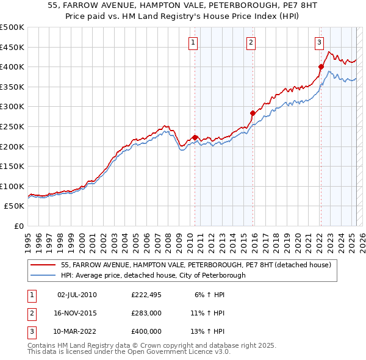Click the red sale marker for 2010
click(x=195, y=137)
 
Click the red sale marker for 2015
click(x=253, y=113)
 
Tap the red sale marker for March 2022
click(x=321, y=67)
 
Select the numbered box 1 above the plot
click(x=193, y=42)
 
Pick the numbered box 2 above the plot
click(x=251, y=42)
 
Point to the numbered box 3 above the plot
click(x=319, y=42)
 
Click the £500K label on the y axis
click(x=12, y=27)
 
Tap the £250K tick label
click(x=12, y=126)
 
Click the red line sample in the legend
click(x=43, y=265)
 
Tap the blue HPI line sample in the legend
click(x=43, y=275)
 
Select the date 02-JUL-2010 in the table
click(x=77, y=295)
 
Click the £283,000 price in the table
click(x=146, y=313)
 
